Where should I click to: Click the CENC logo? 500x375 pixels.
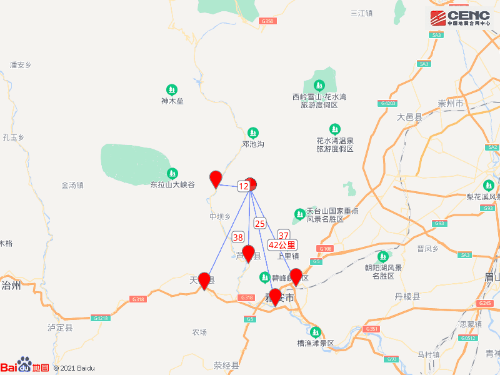462,17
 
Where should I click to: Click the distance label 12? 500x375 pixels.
244,186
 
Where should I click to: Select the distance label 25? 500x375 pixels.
260,223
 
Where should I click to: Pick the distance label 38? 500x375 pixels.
238,237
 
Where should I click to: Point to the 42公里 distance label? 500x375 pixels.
282,245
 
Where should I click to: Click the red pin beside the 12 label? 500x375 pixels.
216,179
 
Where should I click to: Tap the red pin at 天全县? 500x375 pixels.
204,281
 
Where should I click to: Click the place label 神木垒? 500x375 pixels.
172,101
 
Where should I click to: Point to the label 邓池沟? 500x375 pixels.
253,144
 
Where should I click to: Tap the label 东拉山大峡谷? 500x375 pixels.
172,185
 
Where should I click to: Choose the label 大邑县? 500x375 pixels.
410,117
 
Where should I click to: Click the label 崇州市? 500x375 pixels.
450,103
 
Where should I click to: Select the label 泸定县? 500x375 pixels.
60,327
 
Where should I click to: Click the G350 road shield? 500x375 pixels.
267,21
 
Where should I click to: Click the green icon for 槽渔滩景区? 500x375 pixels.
316,331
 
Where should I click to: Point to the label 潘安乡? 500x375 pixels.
21,64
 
